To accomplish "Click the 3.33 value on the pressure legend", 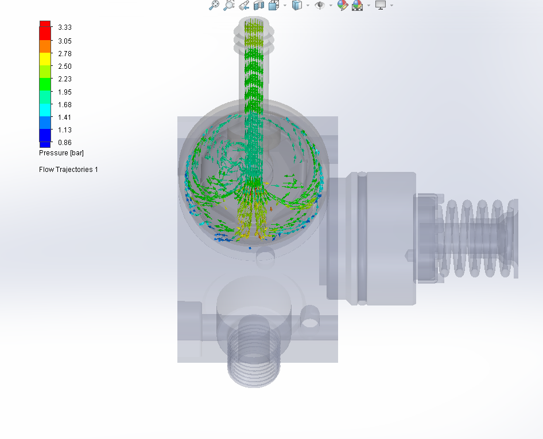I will coord(64,28).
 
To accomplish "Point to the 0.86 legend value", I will coord(64,143).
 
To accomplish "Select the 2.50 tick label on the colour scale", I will coord(64,66).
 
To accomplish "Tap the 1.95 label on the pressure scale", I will coord(64,92).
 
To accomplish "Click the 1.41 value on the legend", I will coord(64,117).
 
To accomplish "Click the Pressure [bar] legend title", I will coord(61,153).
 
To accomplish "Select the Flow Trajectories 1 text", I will coord(68,170).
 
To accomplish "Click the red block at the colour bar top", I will coord(45,26).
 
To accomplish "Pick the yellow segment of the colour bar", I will coord(45,58).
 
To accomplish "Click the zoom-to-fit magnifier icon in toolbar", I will coord(214,5).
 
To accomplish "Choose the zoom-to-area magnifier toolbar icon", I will coord(228,5).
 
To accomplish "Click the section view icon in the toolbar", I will coord(259,5).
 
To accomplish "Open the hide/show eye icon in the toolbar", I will coord(319,5).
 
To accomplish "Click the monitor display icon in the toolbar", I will coord(380,5).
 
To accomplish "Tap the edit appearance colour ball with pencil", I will coord(343,5).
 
